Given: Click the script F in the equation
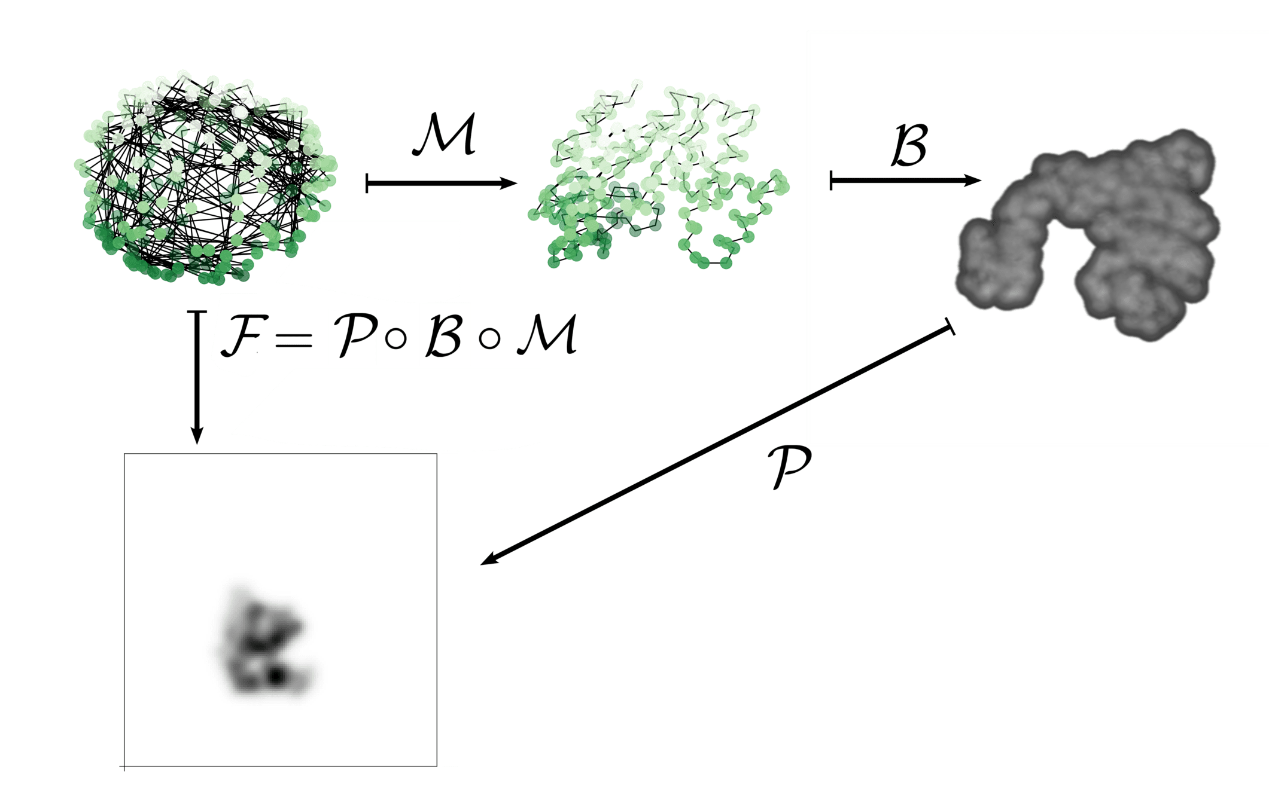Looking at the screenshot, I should [x=239, y=336].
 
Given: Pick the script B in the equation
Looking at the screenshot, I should [x=444, y=336].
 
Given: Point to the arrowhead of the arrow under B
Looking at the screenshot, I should [x=974, y=180].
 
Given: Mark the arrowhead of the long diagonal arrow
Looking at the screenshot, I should [x=488, y=561].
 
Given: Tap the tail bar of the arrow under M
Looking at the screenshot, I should [x=367, y=183].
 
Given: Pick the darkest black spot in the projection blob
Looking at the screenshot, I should [x=275, y=677].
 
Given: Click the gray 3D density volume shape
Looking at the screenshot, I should [x=1089, y=233].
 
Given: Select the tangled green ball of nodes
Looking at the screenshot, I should [x=203, y=179].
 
